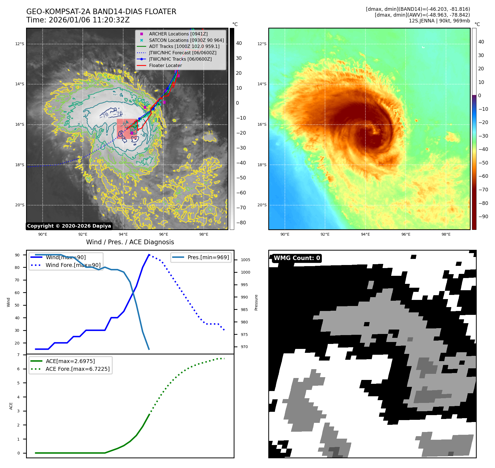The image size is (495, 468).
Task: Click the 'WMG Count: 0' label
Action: point(297,258)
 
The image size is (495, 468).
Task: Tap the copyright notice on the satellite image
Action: point(69,226)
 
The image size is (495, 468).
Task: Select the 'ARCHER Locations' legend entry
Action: point(178,34)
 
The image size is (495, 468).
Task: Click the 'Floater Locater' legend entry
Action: point(165,65)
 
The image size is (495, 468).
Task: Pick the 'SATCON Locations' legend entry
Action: point(186,40)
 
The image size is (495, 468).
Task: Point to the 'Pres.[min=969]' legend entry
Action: point(208,257)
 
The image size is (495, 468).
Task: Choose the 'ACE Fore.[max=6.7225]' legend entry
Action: point(78,369)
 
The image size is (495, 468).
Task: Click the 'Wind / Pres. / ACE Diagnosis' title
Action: point(130,242)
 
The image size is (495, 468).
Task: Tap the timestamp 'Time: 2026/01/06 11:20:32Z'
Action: point(78,20)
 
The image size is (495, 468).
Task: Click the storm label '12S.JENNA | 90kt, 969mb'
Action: point(439,21)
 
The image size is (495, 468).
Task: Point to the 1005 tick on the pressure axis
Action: point(245,260)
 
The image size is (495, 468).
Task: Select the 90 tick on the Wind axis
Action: point(17,255)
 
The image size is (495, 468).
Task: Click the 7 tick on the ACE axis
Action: point(18,355)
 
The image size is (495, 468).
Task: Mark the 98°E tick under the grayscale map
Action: point(204,234)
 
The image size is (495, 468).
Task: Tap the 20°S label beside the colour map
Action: point(262,205)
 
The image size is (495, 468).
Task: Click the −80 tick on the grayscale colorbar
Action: point(241,223)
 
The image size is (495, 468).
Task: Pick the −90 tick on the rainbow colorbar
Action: point(483,217)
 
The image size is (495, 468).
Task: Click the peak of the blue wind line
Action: point(149,254)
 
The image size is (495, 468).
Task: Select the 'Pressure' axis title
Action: point(256,302)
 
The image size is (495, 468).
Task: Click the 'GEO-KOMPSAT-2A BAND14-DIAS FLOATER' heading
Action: point(101,12)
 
